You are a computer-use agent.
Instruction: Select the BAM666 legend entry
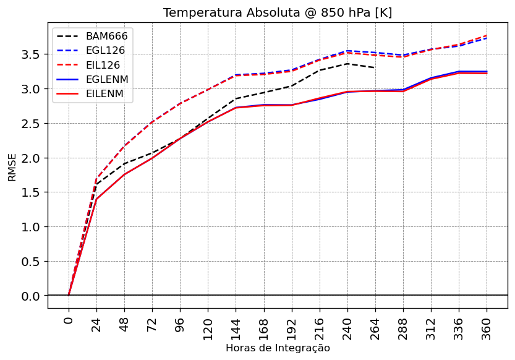pyautogui.click(x=107, y=36)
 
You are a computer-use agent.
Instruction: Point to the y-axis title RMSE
pyautogui.click(x=12, y=168)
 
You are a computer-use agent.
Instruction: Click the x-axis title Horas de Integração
pyautogui.click(x=278, y=348)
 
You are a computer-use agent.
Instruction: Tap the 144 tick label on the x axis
pyautogui.click(x=236, y=326)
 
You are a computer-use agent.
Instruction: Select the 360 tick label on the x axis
pyautogui.click(x=487, y=326)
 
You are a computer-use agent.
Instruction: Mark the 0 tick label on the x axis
pyautogui.click(x=69, y=320)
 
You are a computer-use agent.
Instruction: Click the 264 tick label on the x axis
pyautogui.click(x=375, y=326)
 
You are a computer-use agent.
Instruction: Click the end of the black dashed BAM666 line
pyautogui.click(x=375, y=68)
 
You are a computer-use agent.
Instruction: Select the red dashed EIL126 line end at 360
pyautogui.click(x=487, y=35)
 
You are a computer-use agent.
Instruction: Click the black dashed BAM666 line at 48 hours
pyautogui.click(x=124, y=164)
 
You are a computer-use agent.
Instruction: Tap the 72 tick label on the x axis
pyautogui.click(x=152, y=324)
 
